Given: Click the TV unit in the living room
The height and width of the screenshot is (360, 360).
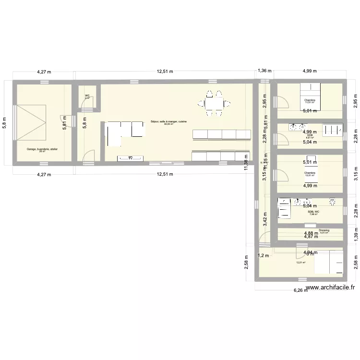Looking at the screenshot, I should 131,158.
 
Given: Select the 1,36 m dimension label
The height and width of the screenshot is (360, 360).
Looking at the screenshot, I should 264,71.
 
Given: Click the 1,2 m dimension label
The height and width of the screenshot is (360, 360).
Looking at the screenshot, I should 264,255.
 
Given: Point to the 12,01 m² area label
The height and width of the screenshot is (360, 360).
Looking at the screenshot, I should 301,263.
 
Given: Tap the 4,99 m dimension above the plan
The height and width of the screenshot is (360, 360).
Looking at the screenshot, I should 310,71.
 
